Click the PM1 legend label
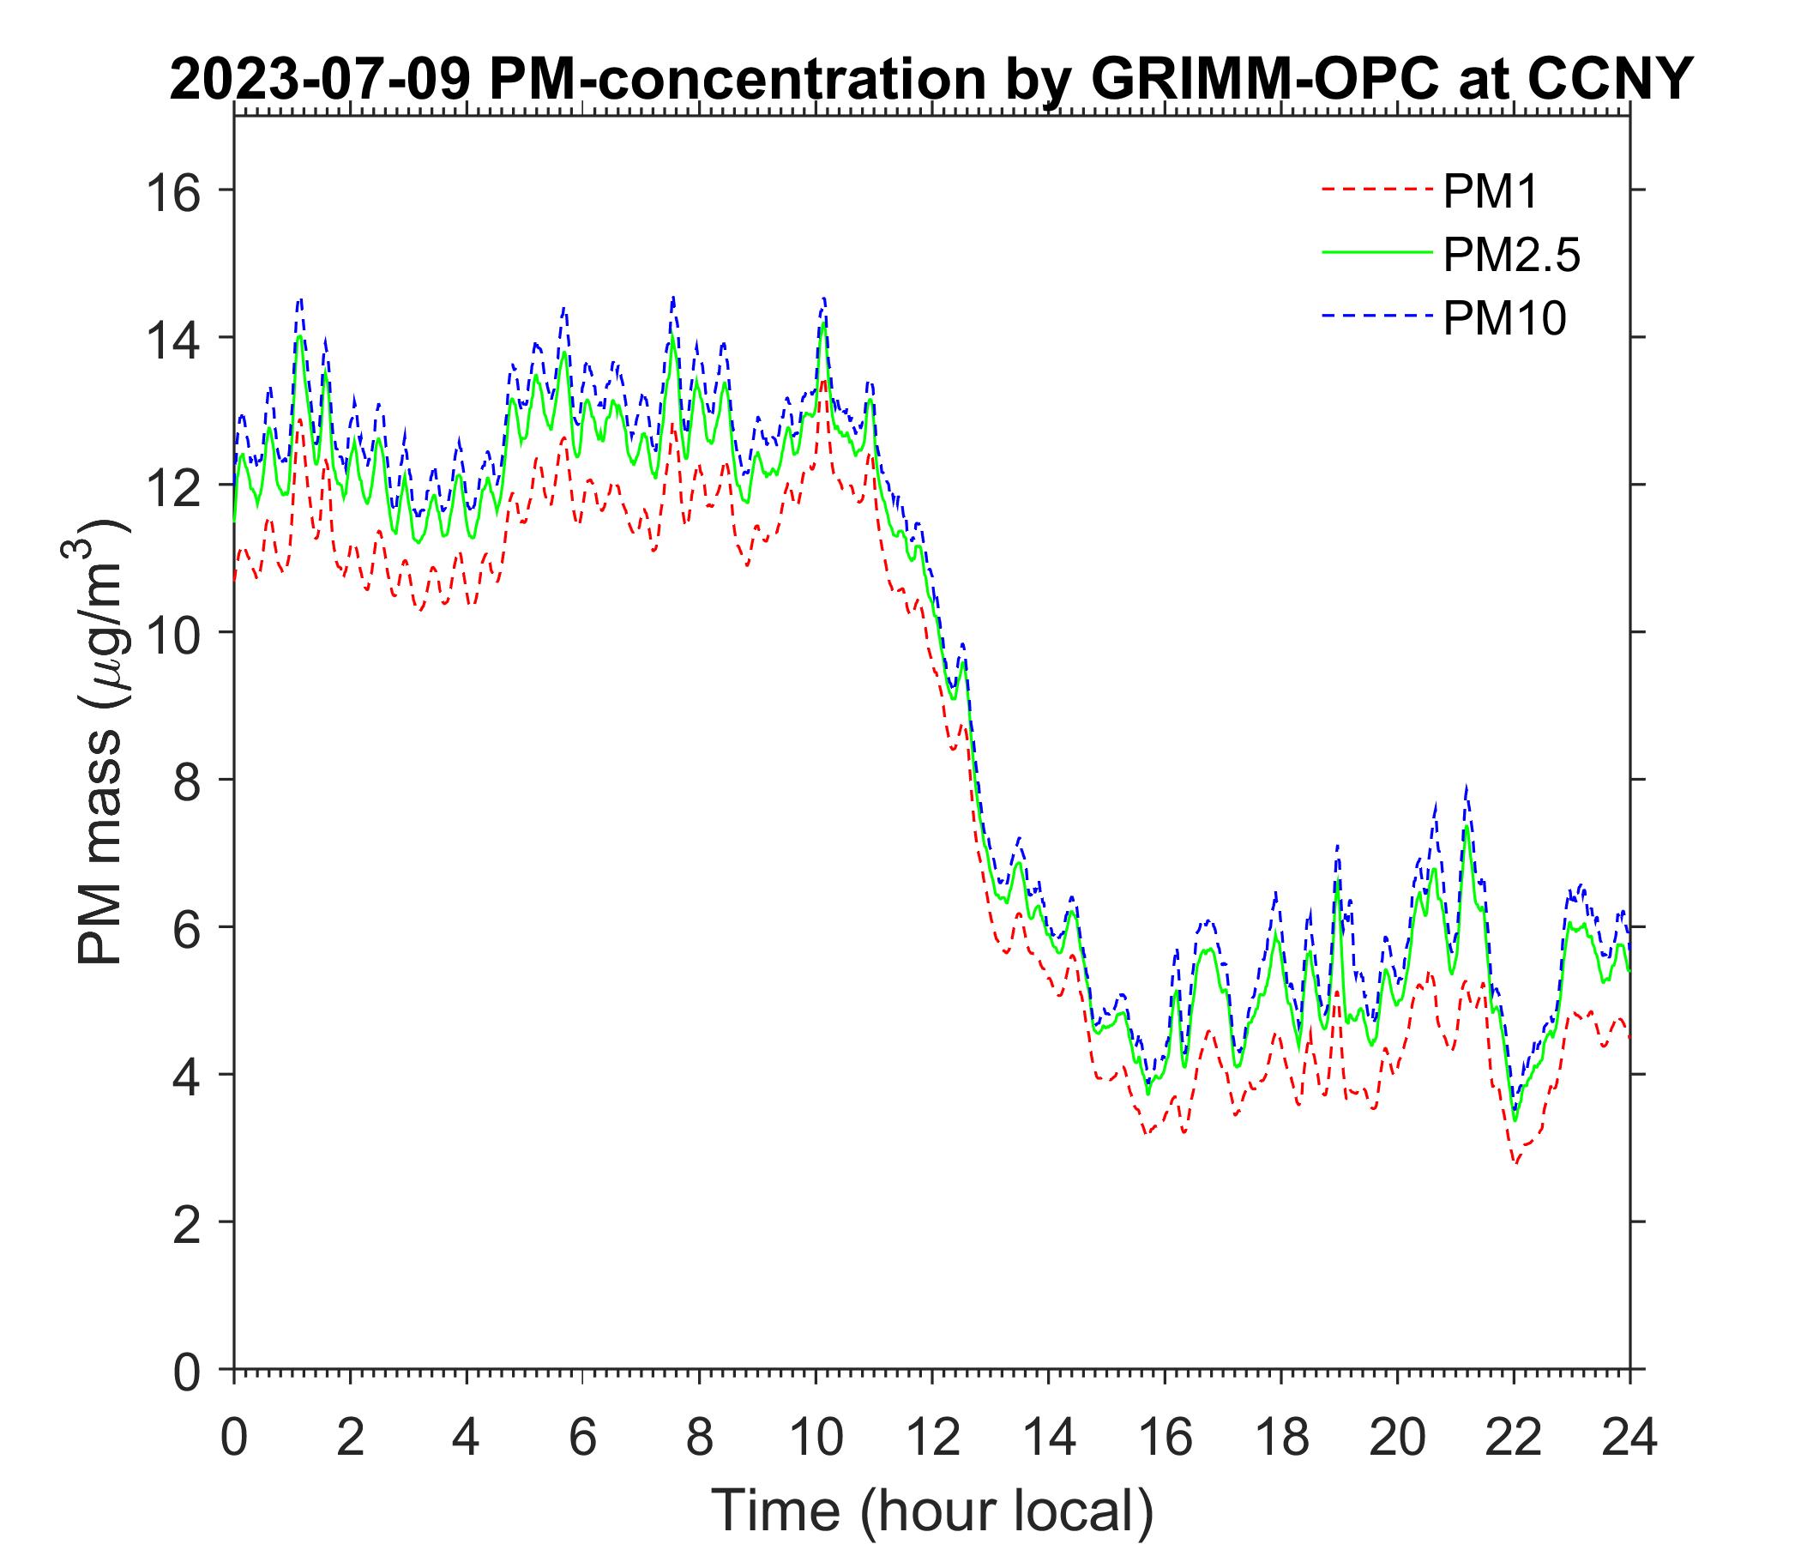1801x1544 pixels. click(x=1490, y=192)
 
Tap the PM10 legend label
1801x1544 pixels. click(x=1503, y=319)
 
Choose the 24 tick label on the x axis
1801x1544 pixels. click(x=1629, y=1437)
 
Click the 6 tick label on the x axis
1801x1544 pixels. click(x=582, y=1437)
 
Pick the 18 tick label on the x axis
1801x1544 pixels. click(x=1280, y=1437)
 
